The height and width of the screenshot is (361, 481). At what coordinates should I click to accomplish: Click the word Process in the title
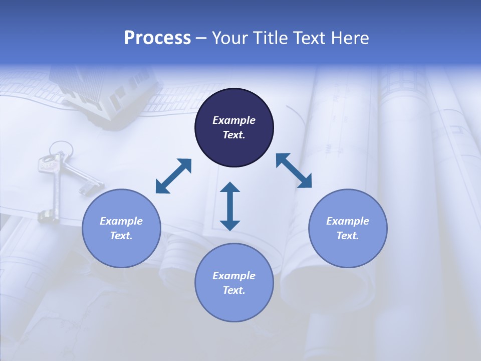click(157, 38)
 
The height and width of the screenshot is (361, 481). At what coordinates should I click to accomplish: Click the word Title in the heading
click(271, 38)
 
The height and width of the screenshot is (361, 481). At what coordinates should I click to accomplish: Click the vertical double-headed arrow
click(230, 207)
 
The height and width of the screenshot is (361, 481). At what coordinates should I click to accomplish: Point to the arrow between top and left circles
click(173, 176)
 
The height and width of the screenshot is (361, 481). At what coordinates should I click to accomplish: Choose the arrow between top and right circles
click(294, 170)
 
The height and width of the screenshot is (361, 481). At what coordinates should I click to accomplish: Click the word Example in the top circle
click(234, 120)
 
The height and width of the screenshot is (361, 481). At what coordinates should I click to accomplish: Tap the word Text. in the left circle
click(121, 236)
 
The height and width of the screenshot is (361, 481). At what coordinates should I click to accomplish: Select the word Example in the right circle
click(348, 221)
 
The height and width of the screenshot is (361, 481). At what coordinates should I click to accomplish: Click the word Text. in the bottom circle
click(234, 290)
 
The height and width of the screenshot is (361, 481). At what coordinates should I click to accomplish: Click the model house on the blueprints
click(105, 90)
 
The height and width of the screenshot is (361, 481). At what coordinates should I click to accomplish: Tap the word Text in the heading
click(310, 38)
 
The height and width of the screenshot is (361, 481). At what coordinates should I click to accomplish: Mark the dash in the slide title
click(201, 39)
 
